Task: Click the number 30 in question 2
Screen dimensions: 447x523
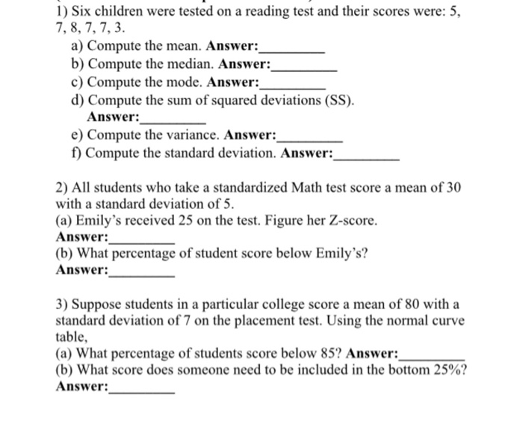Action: click(453, 187)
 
